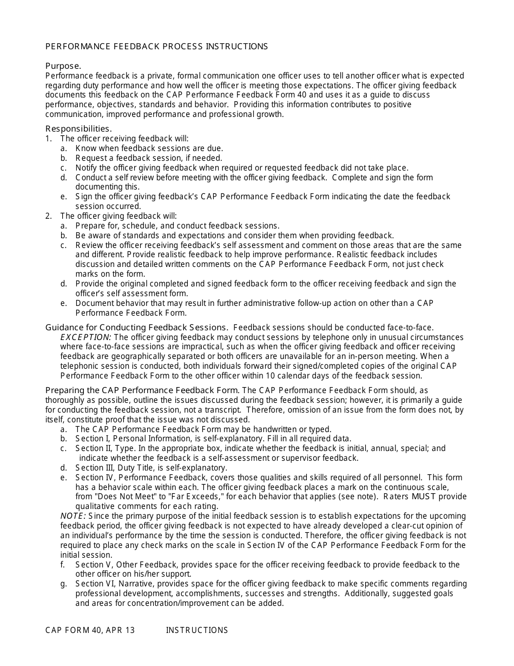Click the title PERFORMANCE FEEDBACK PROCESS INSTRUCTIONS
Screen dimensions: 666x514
(x=156, y=47)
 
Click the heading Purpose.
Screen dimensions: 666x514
(x=63, y=66)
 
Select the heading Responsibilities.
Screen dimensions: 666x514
(x=78, y=128)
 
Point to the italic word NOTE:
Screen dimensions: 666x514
(x=73, y=516)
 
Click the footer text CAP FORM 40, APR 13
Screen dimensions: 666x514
(x=90, y=630)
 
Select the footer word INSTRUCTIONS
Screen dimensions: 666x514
(x=197, y=630)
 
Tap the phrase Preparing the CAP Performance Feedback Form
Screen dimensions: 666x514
(x=142, y=390)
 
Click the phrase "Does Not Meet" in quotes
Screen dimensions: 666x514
(x=120, y=497)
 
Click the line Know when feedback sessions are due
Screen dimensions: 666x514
(x=149, y=148)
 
